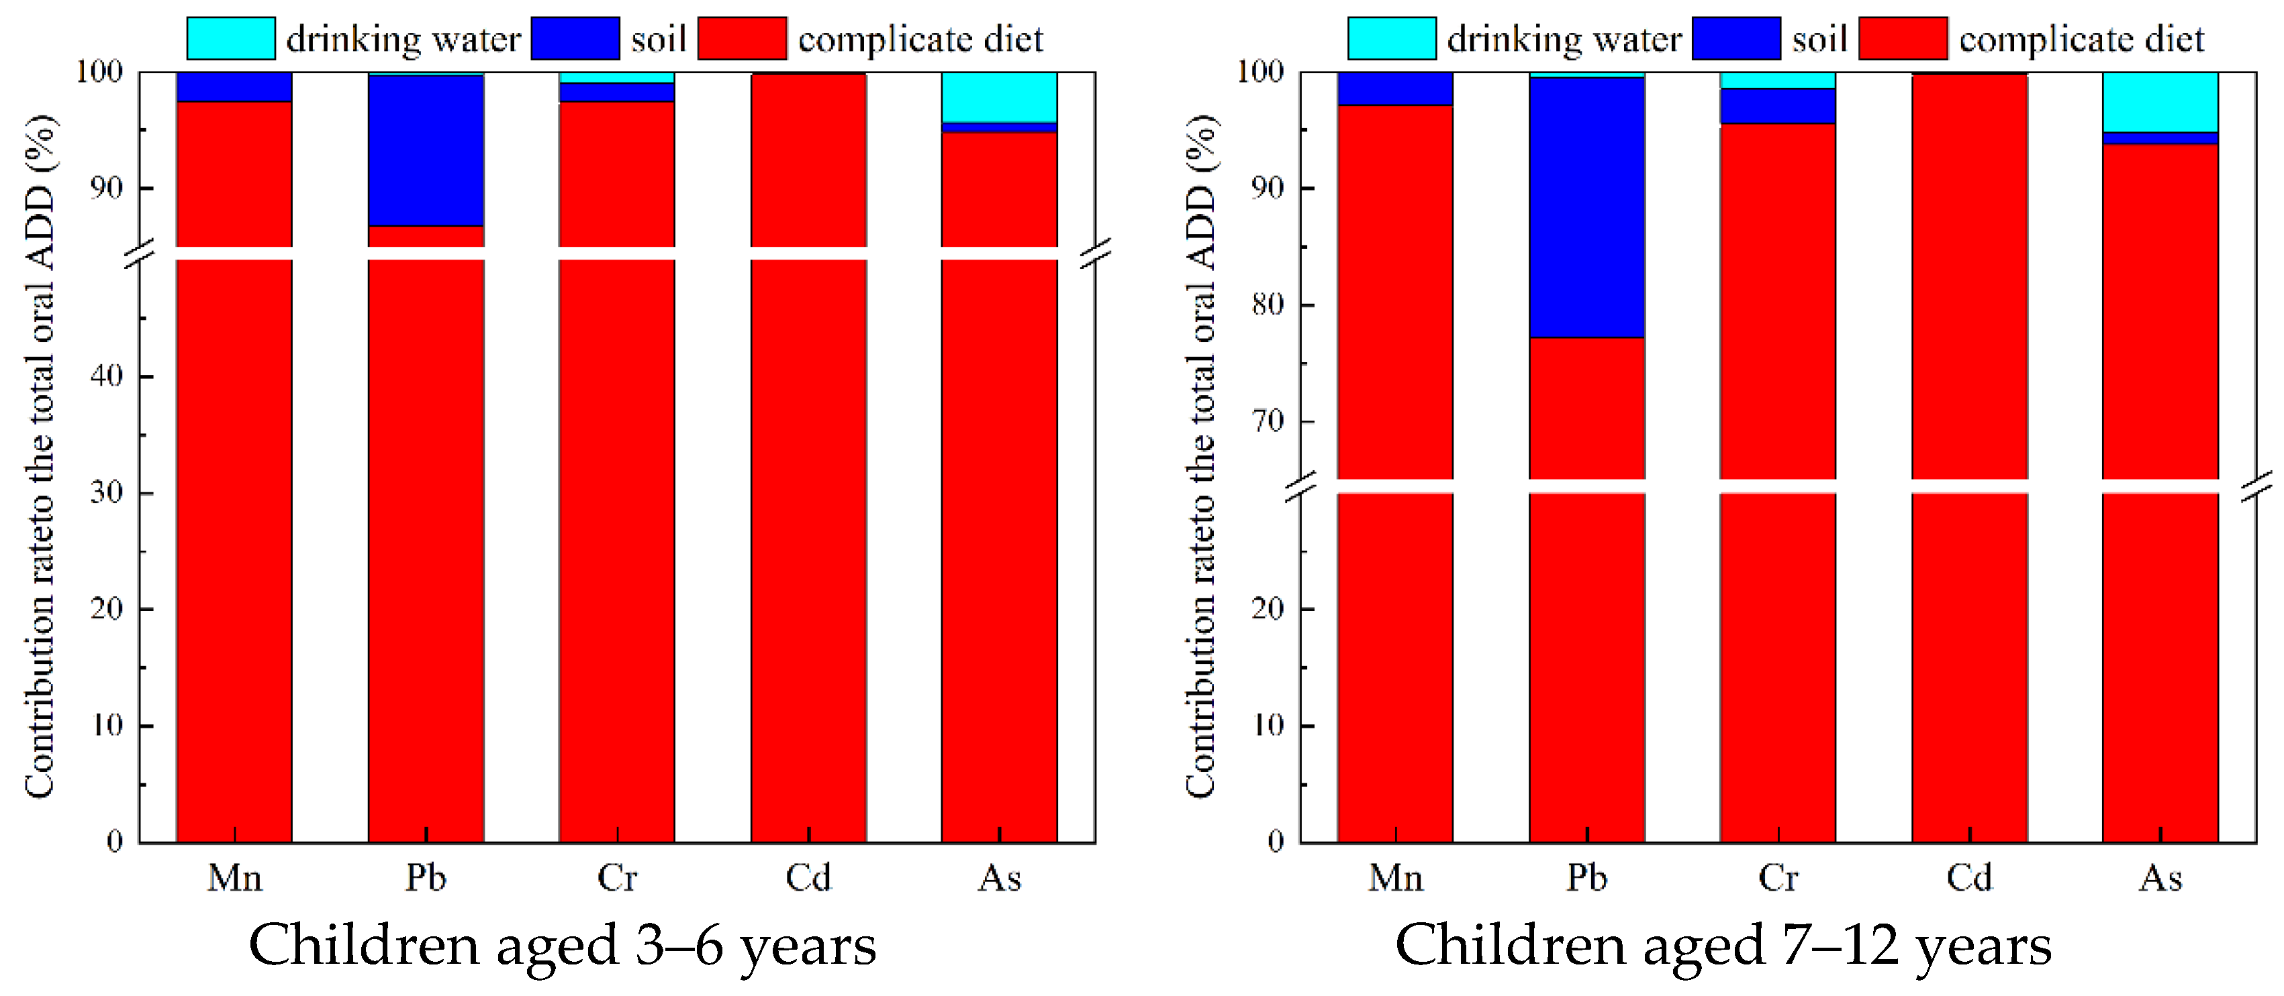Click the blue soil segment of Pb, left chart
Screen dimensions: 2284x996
coord(426,151)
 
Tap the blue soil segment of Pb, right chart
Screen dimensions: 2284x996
coord(1587,207)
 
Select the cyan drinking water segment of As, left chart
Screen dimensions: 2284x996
coord(999,97)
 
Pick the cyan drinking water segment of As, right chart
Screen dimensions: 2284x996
coord(2160,102)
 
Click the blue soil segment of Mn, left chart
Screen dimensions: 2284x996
coord(234,87)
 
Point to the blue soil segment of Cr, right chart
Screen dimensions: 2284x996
coord(1778,107)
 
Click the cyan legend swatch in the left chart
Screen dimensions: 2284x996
coord(230,38)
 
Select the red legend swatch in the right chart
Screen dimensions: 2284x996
coord(1903,38)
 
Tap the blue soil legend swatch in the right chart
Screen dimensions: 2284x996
coord(1736,38)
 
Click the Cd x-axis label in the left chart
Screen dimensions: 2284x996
coord(808,878)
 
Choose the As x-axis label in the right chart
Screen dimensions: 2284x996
coord(2160,878)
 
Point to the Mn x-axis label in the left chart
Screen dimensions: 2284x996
coord(235,878)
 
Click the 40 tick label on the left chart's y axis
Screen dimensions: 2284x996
coord(106,376)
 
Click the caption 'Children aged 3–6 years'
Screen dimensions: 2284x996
coord(562,946)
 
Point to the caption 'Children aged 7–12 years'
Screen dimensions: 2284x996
coord(1723,946)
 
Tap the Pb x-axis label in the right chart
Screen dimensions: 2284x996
coord(1587,878)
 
